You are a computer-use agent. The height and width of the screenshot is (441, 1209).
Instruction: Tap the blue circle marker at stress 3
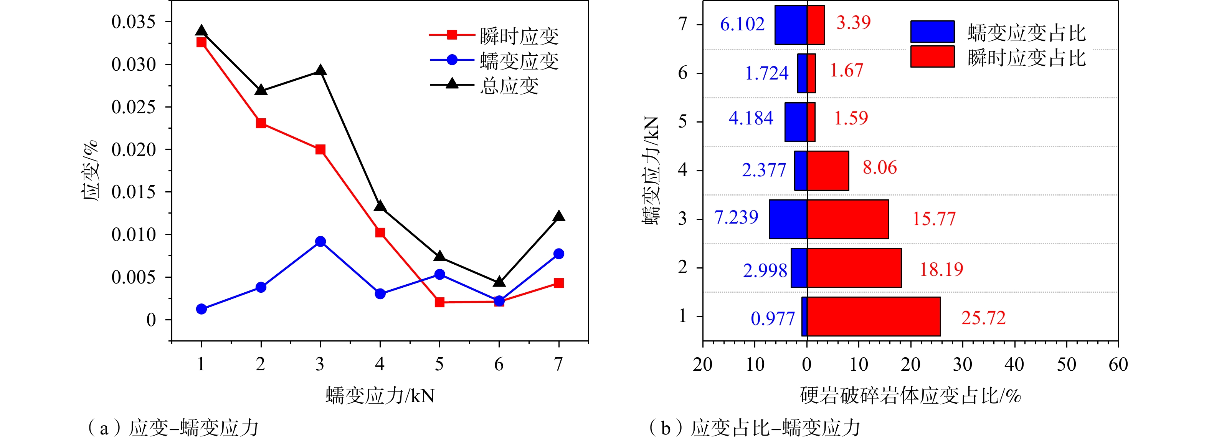(x=320, y=241)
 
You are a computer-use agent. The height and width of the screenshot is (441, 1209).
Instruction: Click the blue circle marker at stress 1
(x=201, y=308)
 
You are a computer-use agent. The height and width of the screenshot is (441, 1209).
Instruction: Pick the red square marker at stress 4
(x=380, y=232)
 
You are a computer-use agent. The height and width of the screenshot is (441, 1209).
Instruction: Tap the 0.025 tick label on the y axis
(x=133, y=107)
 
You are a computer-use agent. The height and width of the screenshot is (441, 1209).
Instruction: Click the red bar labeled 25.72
(x=874, y=316)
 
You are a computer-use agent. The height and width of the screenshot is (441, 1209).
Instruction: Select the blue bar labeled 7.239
(x=788, y=219)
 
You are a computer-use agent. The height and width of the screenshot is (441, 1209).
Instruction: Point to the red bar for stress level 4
(x=828, y=171)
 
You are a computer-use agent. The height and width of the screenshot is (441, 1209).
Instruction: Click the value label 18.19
(x=941, y=269)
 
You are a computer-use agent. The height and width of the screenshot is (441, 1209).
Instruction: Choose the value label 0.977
(x=773, y=318)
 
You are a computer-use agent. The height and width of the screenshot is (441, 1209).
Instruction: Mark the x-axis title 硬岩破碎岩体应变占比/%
(x=910, y=395)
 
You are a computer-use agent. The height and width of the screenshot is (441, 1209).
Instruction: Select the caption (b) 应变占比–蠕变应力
(x=754, y=428)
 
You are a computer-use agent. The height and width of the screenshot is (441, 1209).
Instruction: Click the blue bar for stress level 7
(x=791, y=25)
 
